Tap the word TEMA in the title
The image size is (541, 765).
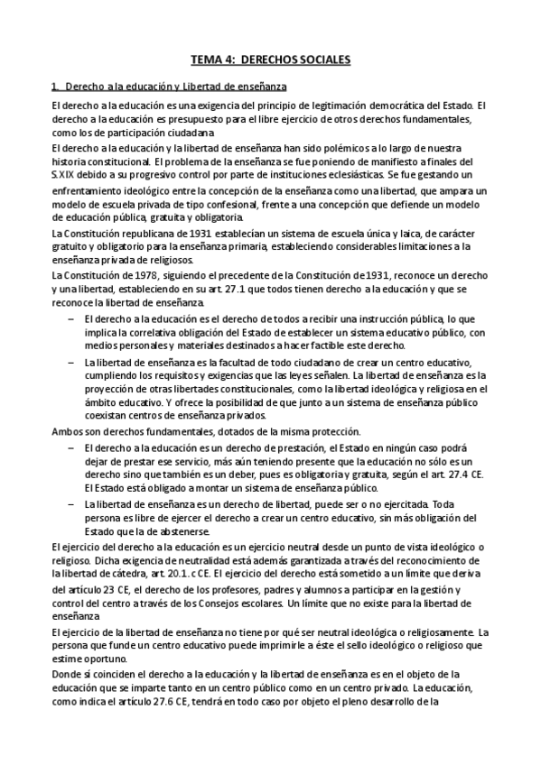click(205, 60)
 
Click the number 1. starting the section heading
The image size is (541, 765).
click(56, 87)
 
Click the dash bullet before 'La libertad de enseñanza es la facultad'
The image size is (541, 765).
click(71, 362)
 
